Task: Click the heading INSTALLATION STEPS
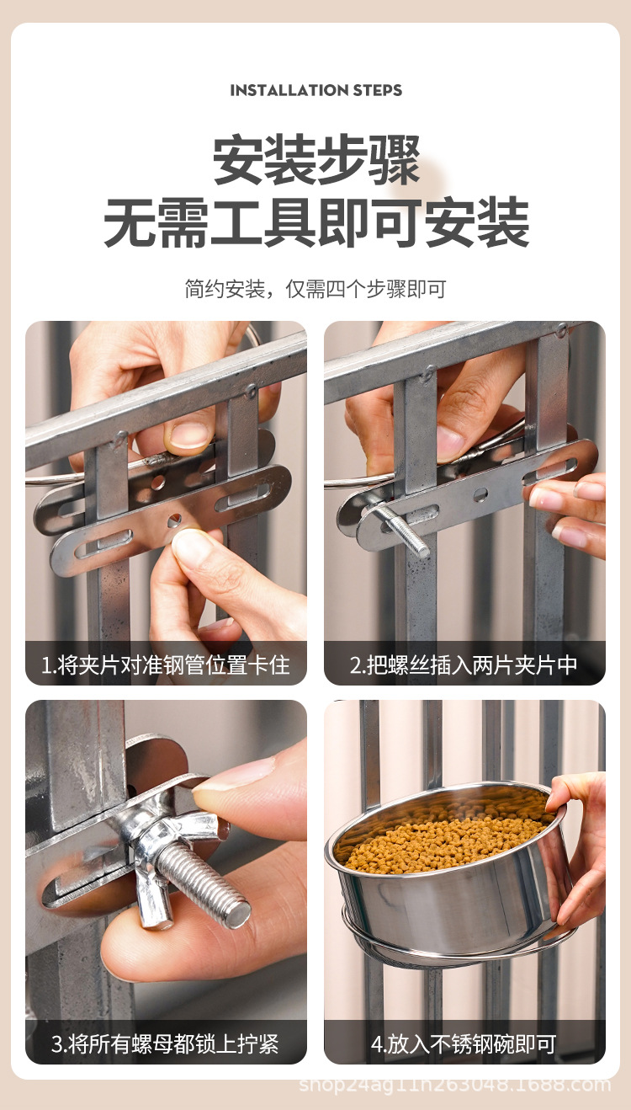coord(315,90)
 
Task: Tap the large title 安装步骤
coord(316,159)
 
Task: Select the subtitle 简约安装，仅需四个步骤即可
coord(315,289)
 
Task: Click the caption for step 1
coord(165,665)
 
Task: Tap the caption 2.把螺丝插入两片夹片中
coord(464,665)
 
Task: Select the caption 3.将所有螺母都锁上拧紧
coord(165,1044)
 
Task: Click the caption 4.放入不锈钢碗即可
coord(464,1044)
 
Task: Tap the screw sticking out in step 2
coord(406,531)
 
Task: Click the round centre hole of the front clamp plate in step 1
coord(174,520)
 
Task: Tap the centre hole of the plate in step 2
coord(480,494)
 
